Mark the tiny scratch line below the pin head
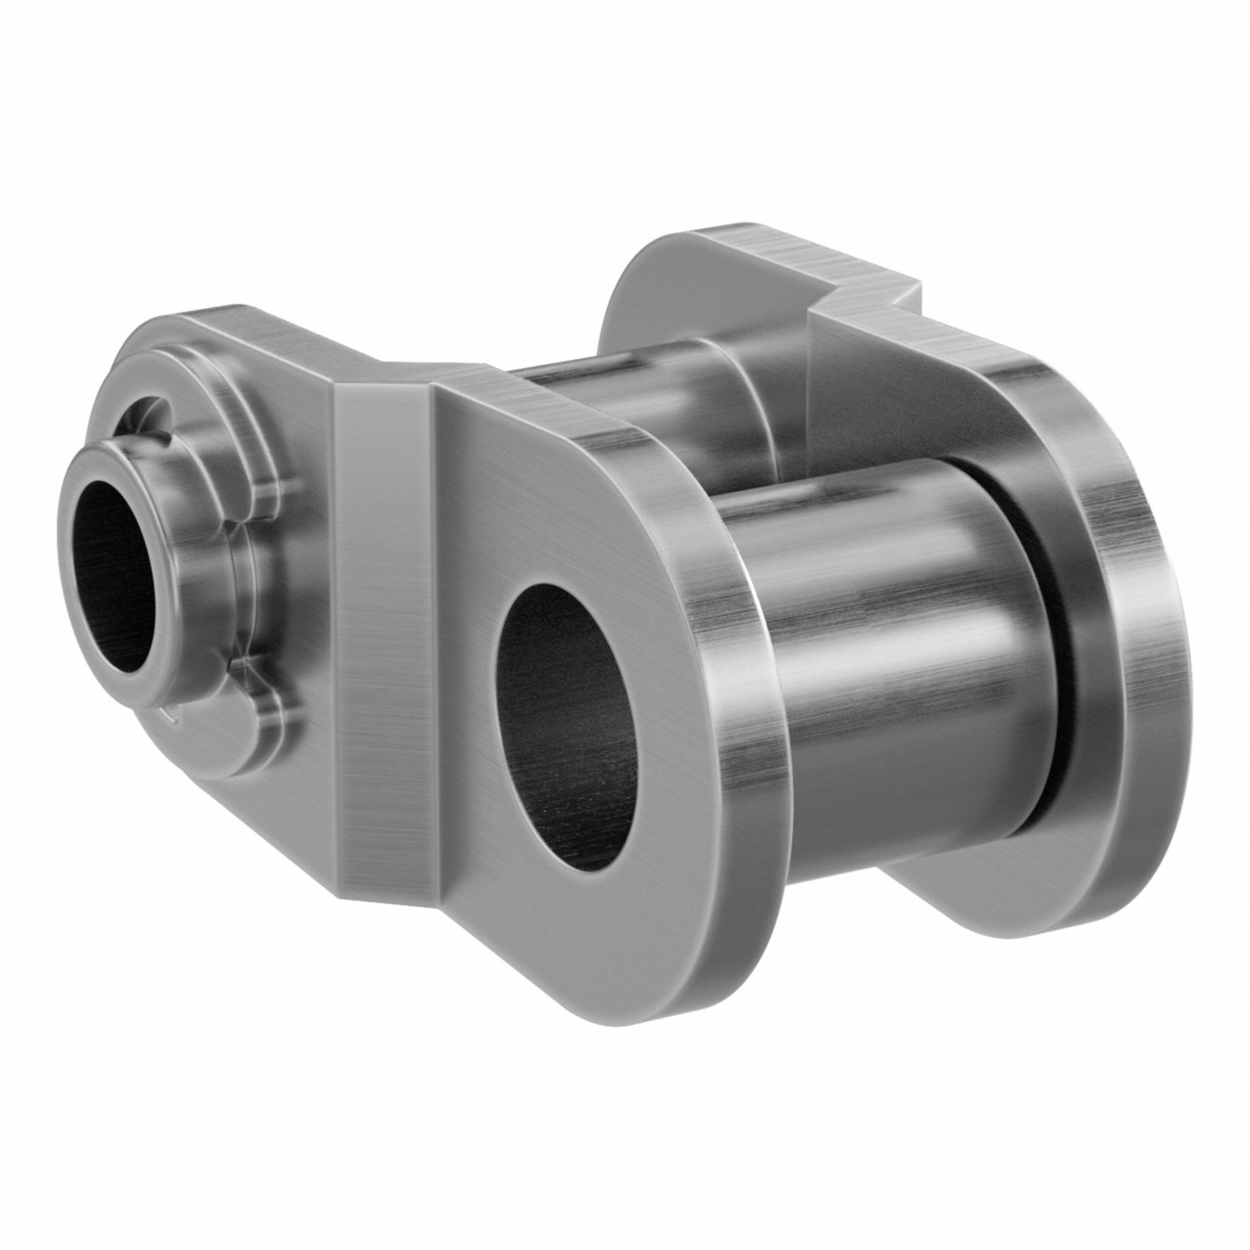[170, 714]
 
